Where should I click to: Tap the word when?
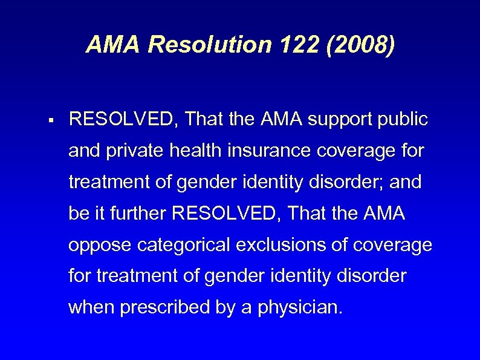click(91, 308)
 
